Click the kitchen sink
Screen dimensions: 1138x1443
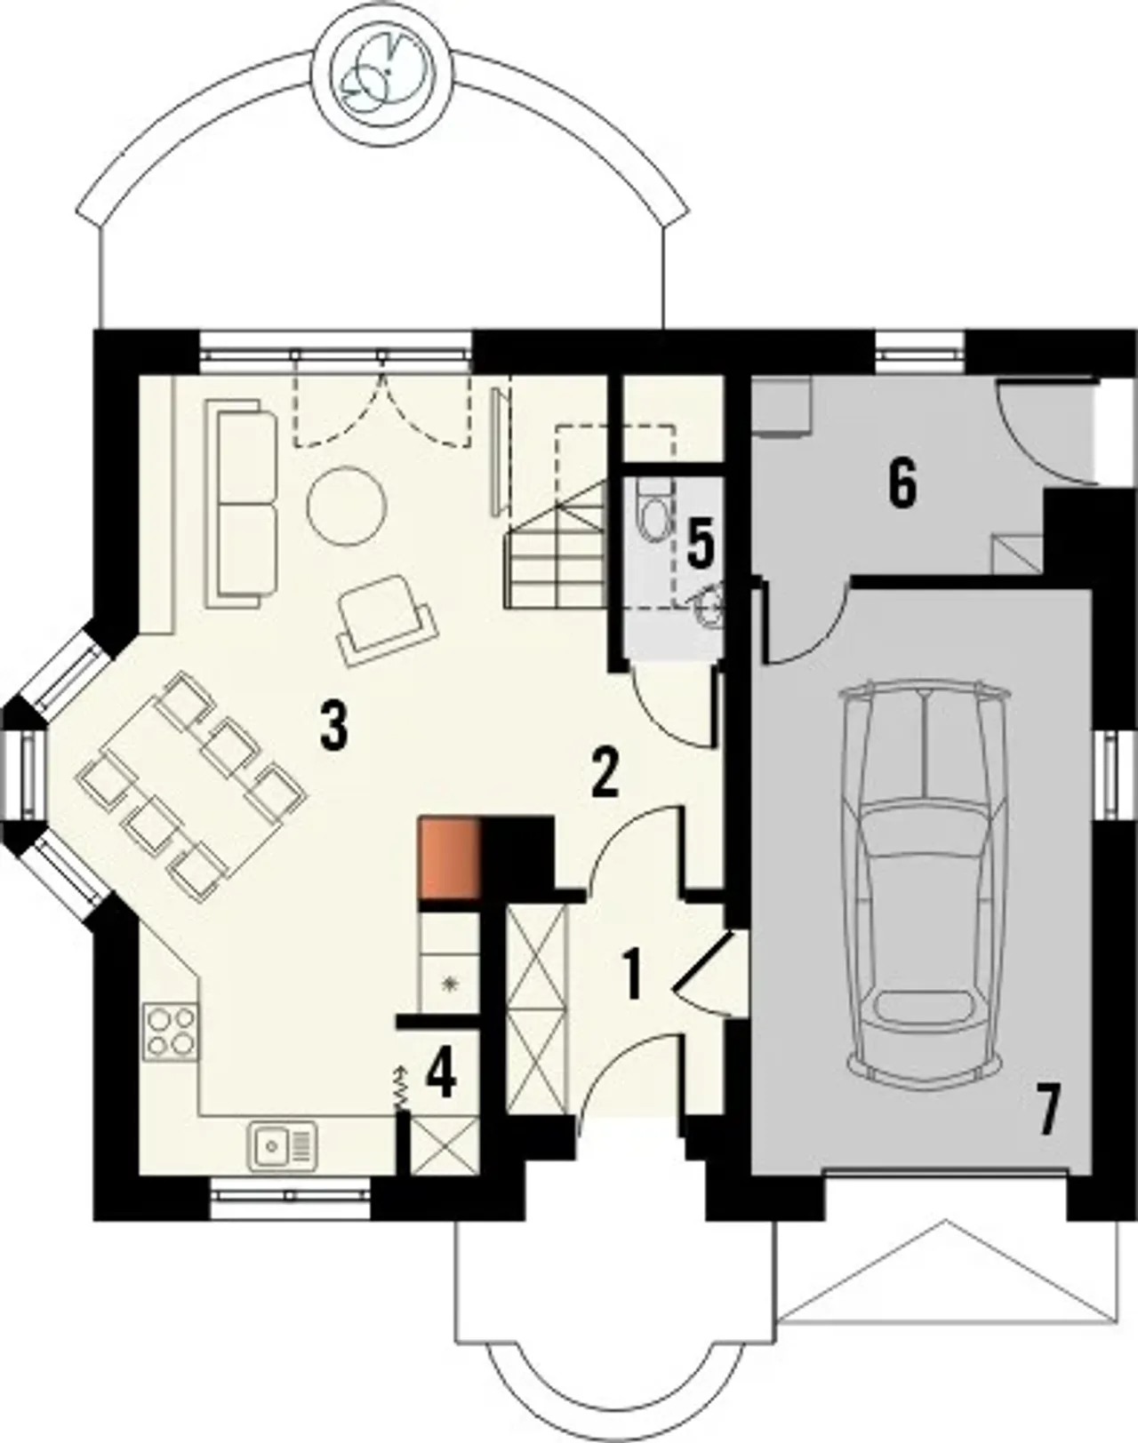pyautogui.click(x=282, y=1146)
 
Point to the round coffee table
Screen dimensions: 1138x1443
pyautogui.click(x=346, y=507)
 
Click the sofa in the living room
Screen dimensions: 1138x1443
pyautogui.click(x=242, y=503)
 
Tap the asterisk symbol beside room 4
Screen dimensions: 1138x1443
pyautogui.click(x=450, y=985)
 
